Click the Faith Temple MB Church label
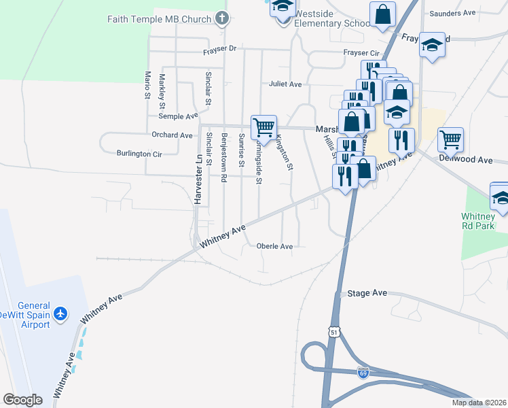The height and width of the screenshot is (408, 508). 160,19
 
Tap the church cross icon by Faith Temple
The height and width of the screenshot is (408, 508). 221,18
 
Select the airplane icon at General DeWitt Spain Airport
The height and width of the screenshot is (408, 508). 61,313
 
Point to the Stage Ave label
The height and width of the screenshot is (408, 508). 367,293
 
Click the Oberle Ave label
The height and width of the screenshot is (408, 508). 275,246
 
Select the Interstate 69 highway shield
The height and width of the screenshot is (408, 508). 363,372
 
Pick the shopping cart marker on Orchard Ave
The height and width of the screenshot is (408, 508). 264,126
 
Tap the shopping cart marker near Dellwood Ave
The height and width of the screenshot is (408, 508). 450,139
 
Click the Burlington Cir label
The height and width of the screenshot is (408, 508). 139,154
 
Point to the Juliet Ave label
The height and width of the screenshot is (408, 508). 285,84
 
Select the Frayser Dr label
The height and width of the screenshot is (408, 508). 219,49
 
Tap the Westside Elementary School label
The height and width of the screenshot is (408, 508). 335,18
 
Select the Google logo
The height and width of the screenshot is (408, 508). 22,400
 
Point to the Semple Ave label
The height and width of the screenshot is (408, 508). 178,117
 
